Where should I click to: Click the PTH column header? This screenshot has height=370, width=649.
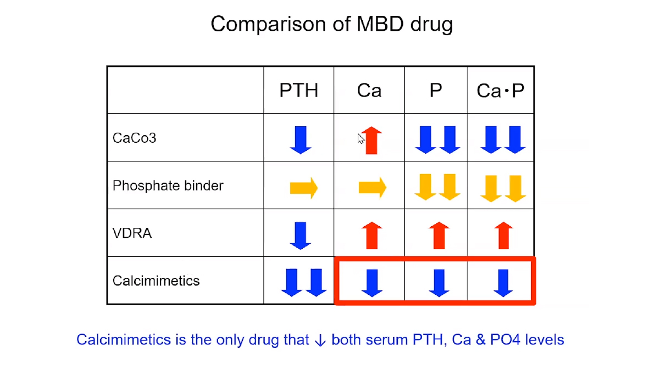point(298,90)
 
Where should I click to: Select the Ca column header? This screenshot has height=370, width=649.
point(369,91)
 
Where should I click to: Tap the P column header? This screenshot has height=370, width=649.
point(435,90)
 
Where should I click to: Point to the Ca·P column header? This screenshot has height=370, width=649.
point(501,91)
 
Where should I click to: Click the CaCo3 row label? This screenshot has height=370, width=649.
point(134,138)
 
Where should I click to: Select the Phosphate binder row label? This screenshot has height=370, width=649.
point(168,186)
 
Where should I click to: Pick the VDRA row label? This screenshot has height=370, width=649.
point(132,233)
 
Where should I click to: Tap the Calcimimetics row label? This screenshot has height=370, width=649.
point(156,281)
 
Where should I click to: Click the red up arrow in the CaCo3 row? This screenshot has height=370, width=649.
point(371,141)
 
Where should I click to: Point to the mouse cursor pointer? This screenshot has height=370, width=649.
point(361,138)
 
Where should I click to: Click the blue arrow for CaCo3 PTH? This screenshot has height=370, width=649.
point(301,140)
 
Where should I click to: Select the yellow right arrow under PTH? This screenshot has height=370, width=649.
point(304,188)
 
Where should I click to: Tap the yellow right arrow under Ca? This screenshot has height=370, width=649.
point(373,188)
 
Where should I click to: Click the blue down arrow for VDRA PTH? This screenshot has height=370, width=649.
point(301,236)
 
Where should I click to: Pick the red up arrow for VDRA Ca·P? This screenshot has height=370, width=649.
point(503,236)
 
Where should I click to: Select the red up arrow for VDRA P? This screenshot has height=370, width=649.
point(439,236)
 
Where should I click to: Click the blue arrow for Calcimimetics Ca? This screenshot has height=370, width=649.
point(371,283)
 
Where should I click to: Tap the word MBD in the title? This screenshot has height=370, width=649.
point(380,24)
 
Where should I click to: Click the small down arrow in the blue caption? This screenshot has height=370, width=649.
point(320,340)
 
